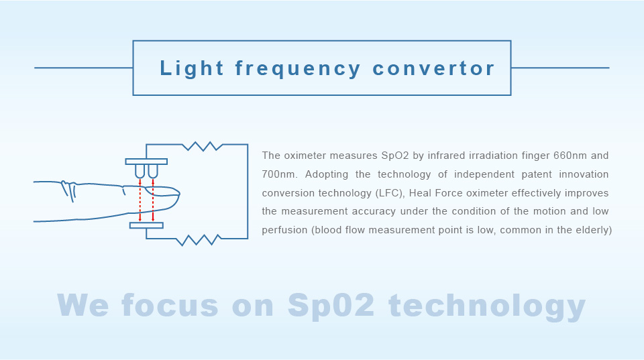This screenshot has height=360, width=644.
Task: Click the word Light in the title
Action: tap(191, 68)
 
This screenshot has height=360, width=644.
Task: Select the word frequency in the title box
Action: tap(298, 68)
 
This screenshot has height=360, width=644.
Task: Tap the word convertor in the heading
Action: tap(433, 68)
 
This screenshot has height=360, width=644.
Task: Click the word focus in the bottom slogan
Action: tap(170, 306)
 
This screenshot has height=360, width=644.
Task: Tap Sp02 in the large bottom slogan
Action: tap(331, 306)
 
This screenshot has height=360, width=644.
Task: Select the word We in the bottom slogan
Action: tap(83, 305)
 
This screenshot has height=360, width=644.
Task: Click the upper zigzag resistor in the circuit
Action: tap(203, 146)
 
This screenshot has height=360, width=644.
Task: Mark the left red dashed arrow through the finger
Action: tap(140, 200)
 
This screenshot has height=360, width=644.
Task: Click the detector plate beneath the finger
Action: tap(146, 225)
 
